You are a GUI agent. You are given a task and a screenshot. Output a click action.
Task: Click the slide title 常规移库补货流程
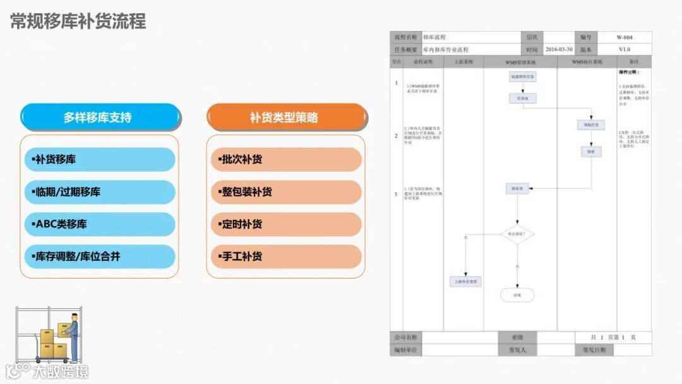tap(78, 21)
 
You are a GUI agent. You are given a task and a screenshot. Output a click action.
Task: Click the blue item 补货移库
tap(98, 160)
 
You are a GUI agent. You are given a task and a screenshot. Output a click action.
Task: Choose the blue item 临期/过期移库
tap(98, 192)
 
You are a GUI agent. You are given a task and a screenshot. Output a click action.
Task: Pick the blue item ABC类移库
tap(98, 224)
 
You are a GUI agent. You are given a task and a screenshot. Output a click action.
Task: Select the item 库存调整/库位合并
tap(98, 256)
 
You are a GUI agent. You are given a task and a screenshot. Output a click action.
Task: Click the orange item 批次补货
tap(286, 160)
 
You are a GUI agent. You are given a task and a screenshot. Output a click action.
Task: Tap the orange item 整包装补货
tap(286, 192)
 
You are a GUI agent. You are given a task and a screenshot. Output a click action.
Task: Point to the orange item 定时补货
tap(286, 224)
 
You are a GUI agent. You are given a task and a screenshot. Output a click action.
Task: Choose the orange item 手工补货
tap(286, 256)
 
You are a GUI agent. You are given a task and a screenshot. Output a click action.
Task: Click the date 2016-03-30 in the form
tap(559, 49)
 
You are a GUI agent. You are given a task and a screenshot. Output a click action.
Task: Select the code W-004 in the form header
tap(624, 37)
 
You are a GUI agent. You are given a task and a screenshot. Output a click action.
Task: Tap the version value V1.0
tap(624, 49)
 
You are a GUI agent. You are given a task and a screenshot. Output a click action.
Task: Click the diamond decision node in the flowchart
tap(517, 234)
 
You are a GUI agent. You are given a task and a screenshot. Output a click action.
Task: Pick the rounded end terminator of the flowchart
tap(517, 294)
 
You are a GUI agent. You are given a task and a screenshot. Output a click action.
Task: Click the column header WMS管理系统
tap(520, 63)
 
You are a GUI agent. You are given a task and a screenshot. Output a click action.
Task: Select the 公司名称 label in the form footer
tap(406, 337)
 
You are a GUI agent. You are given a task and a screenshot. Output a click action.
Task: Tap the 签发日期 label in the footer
tap(594, 349)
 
